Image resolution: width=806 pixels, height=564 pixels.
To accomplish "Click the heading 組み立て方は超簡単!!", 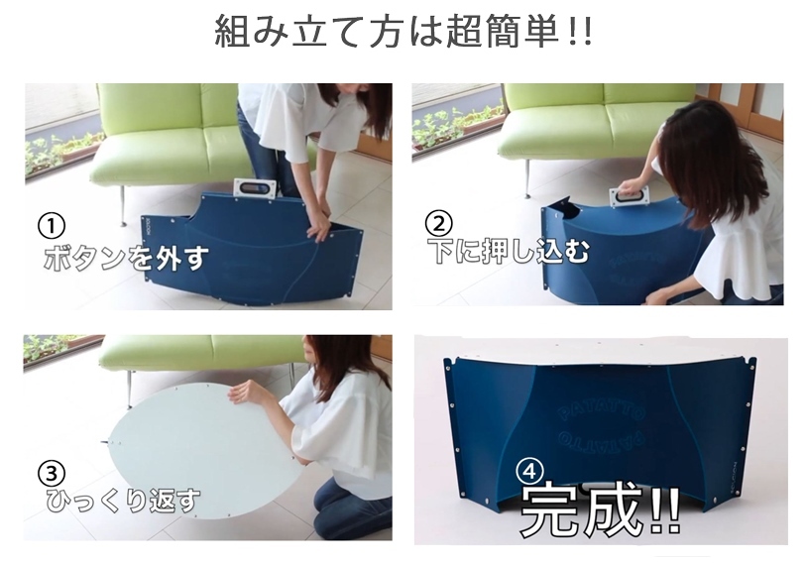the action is coord(403,32).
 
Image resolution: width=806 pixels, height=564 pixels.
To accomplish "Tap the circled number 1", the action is coord(52,227).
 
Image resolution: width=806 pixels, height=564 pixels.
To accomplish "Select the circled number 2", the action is coord(438,223).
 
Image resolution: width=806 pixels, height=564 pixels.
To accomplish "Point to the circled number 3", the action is coord(52,473).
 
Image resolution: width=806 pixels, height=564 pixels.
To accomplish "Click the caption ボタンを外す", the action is coord(127,257).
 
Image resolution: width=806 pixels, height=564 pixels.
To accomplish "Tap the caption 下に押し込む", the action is coord(511,251).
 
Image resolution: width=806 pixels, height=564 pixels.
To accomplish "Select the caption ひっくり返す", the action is coord(122,501).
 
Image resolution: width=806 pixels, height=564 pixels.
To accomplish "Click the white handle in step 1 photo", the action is coord(255,187).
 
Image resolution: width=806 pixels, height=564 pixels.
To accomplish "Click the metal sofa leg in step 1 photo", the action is coord(122,205).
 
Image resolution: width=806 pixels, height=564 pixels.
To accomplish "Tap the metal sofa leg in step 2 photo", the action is coord(526,178).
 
